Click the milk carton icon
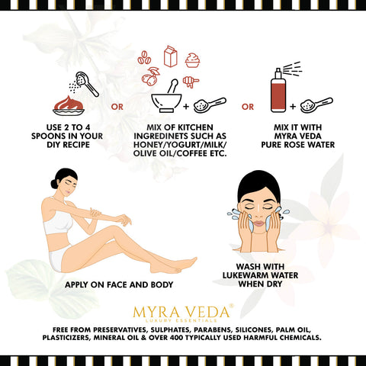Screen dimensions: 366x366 click(170, 56)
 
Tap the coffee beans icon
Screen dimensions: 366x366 click(145, 57)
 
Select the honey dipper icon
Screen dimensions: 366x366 click(191, 82)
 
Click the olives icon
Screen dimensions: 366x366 click(150, 75)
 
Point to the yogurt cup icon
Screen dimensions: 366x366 click(192, 60)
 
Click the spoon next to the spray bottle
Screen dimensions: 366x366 click(316, 105)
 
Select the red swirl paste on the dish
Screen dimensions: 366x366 click(68, 103)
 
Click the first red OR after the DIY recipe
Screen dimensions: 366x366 click(117, 107)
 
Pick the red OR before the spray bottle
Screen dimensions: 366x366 click(248, 107)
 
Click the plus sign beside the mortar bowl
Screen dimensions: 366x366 click(186, 106)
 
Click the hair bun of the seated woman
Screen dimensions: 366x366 click(54, 183)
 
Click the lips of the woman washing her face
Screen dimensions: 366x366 click(260, 223)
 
